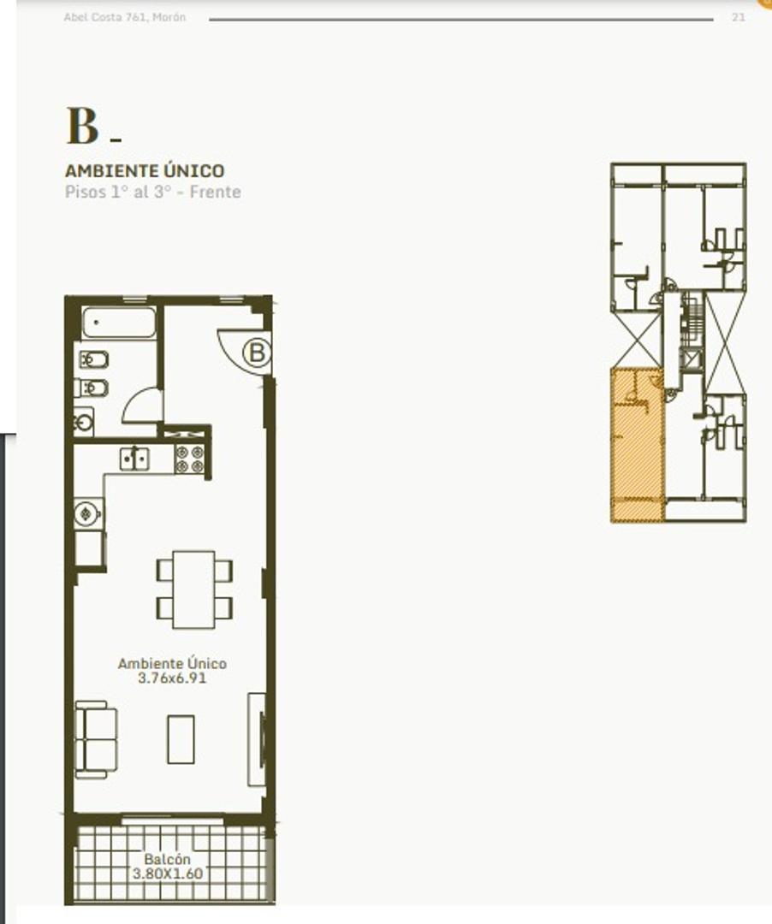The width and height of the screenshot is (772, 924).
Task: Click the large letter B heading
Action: pos(82,126)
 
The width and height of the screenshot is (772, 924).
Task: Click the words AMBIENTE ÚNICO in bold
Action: pos(145,170)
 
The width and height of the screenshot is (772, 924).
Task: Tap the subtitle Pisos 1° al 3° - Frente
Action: pos(152,192)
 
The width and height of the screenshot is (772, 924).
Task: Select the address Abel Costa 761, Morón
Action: pos(125,18)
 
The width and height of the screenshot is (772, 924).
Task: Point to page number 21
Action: pos(739,18)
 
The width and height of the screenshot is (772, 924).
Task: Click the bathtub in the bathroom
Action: pos(119,323)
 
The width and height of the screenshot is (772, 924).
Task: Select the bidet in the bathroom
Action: pos(92,388)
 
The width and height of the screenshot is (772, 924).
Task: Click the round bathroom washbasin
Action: pos(83,421)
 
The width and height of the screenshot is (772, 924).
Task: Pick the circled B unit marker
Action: pos(257,352)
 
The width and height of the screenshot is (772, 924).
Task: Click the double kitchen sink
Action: pos(134,459)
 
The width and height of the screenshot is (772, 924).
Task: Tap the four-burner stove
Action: pos(189,459)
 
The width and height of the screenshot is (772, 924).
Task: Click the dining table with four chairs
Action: pos(194,589)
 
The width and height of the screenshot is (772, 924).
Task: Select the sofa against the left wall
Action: pos(96,739)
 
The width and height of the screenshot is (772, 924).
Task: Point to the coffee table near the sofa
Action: pos(181,739)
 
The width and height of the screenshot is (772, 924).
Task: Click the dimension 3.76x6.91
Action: pos(172,678)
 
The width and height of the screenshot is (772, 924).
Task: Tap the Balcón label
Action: pos(168,859)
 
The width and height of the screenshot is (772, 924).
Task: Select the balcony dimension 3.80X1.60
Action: pos(168,874)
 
